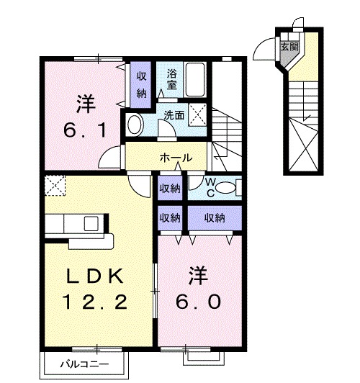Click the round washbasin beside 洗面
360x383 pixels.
(135, 125)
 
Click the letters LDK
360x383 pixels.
(98, 275)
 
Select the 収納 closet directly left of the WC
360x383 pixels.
(170, 189)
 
